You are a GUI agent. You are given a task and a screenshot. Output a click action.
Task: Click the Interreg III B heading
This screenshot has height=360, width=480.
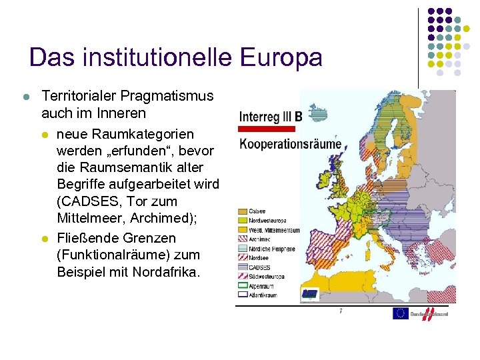coord(271,117)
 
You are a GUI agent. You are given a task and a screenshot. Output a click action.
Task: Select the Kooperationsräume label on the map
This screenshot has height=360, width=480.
coord(290,143)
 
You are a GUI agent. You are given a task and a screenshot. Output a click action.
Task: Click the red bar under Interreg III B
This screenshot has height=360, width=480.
coord(267,129)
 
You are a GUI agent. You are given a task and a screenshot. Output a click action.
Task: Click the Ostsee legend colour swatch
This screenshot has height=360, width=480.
coord(242,212)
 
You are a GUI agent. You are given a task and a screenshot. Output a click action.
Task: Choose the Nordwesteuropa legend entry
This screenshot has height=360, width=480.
coord(266,221)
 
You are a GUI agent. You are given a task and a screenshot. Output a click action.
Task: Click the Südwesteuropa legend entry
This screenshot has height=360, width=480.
coord(266,276)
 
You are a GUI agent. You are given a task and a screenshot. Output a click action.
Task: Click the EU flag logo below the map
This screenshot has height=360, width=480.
coord(401,313)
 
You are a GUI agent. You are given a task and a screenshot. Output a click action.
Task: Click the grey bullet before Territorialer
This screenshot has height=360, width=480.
coord(26,97)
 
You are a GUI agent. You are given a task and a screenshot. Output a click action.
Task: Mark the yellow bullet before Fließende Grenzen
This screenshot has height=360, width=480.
coord(45,239)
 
